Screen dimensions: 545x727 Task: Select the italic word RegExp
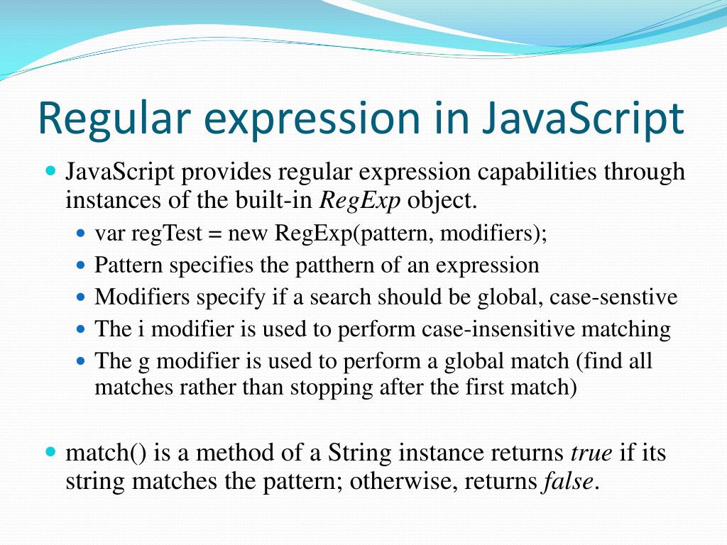point(361,201)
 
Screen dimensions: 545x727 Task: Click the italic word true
point(591,452)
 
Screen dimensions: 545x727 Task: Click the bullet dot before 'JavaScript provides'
point(50,171)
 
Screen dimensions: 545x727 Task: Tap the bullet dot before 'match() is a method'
point(50,451)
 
